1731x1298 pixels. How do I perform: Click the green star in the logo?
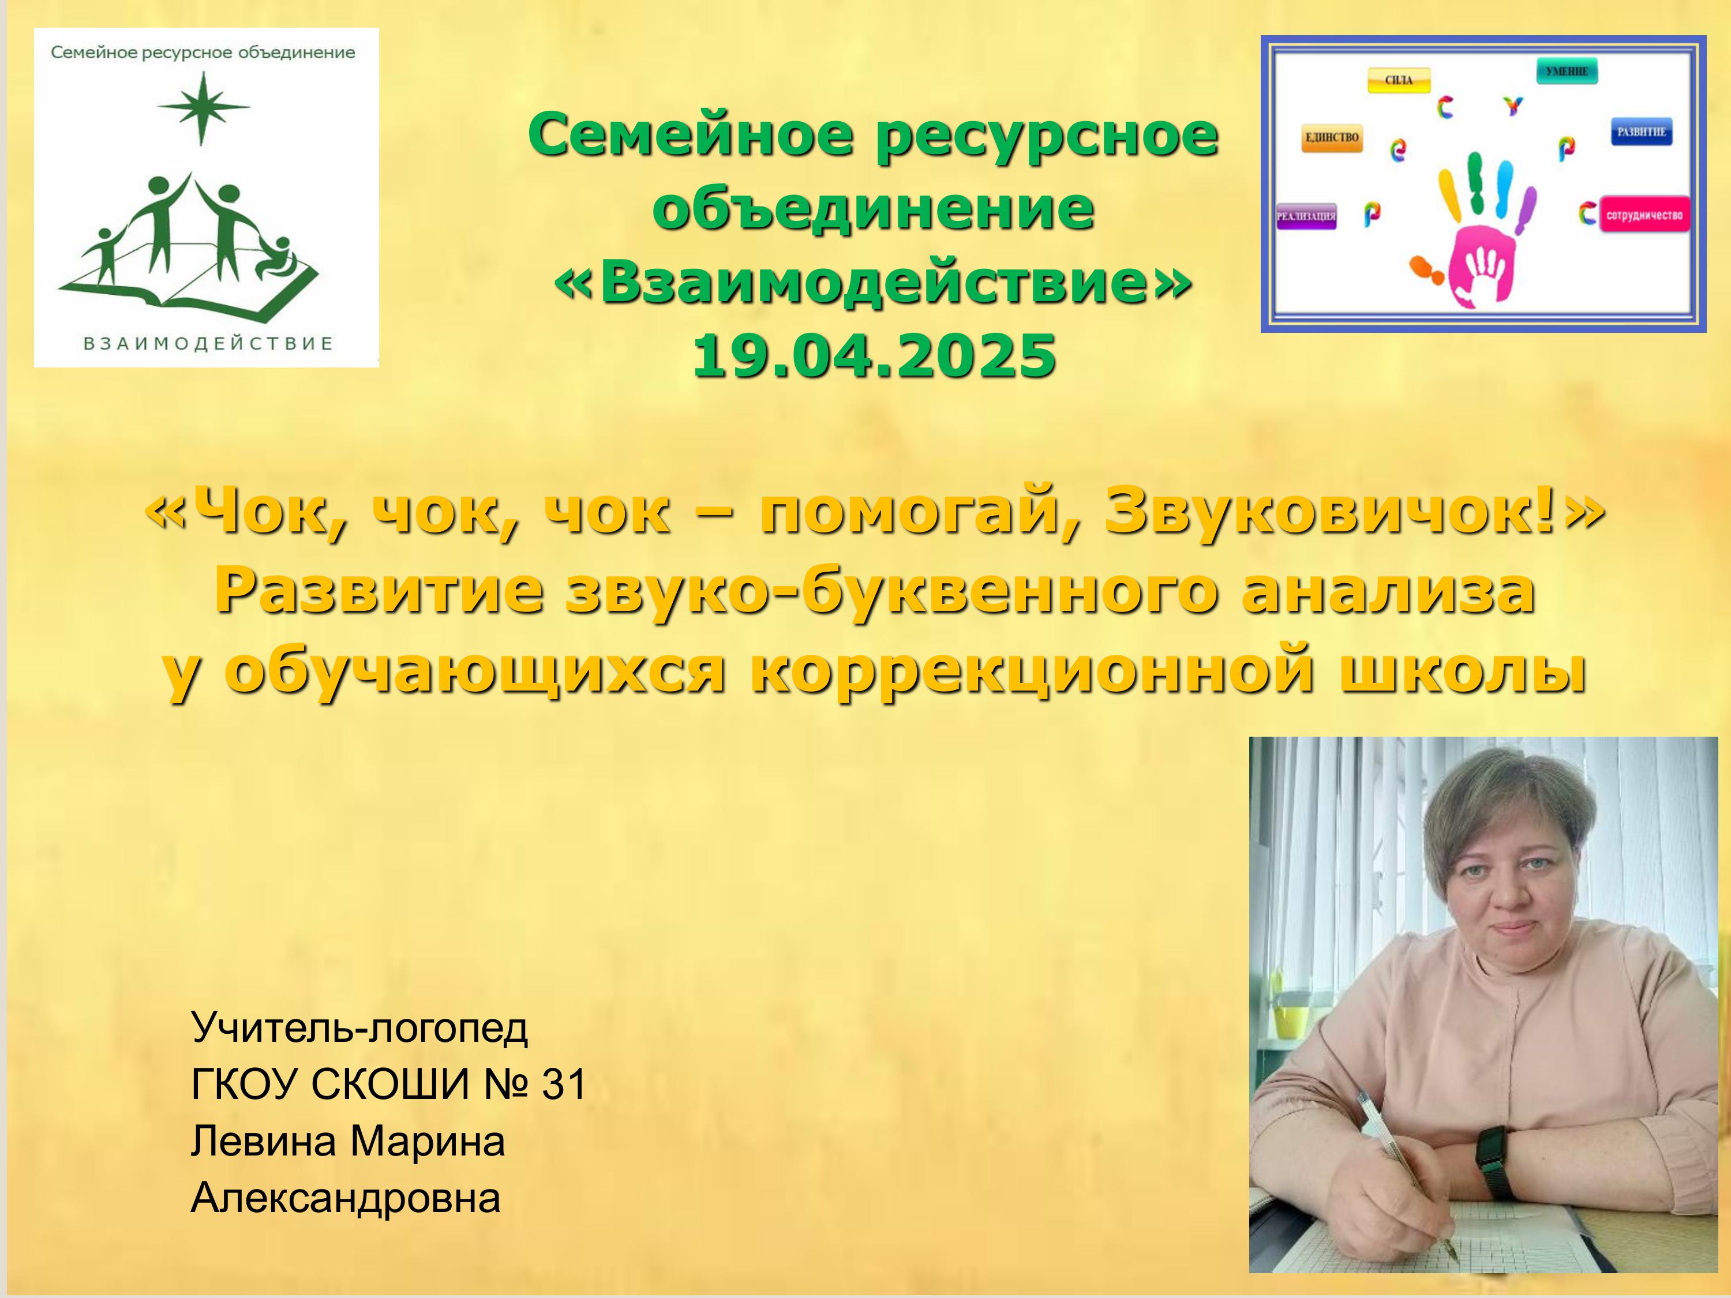202,108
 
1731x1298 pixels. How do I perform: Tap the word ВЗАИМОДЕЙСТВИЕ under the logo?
208,343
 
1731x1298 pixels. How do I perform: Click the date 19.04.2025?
874,356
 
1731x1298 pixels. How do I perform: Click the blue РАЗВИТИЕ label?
1640,132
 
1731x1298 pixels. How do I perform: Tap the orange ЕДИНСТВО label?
1332,138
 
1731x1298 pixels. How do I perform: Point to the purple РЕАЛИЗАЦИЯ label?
1306,216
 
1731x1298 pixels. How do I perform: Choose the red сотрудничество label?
1644,215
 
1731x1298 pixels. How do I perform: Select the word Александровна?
345,1198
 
